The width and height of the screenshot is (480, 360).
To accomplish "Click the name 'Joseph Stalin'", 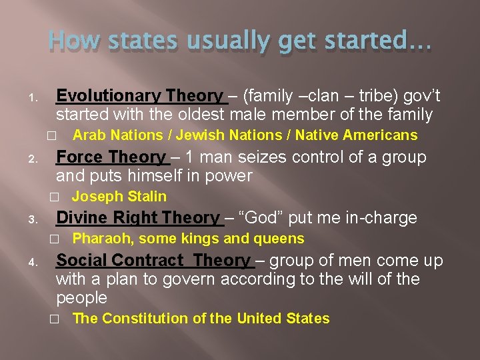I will tap(119, 197).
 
